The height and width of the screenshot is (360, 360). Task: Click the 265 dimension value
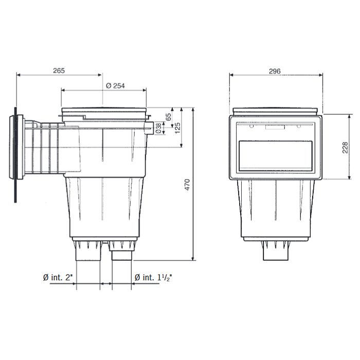click(x=59, y=71)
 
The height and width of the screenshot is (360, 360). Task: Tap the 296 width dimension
click(x=275, y=71)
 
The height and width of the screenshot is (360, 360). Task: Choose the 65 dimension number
click(x=168, y=117)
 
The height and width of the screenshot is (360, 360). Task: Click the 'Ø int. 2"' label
click(x=58, y=278)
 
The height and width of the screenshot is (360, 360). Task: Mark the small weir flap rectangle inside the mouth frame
click(x=276, y=127)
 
